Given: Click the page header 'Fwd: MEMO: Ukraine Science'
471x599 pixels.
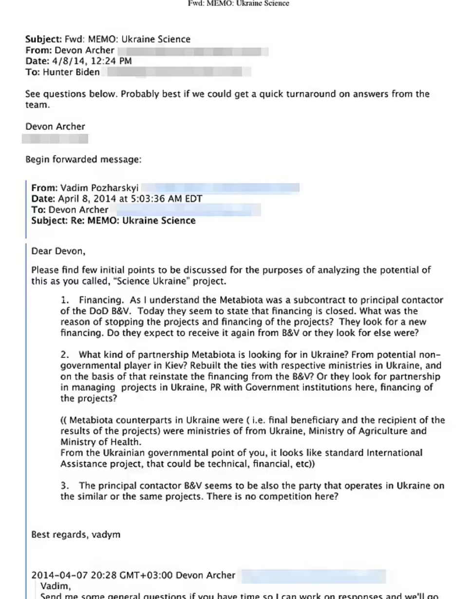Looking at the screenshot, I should [238, 3].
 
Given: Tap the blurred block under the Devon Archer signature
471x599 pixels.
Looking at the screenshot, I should [55, 139].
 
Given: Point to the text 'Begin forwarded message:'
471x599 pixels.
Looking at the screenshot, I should [83, 160].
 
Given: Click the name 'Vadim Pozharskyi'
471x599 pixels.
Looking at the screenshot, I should [99, 188].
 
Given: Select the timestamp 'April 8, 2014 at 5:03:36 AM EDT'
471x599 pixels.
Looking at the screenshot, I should [130, 199].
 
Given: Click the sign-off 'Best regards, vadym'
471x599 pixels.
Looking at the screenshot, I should [75, 535].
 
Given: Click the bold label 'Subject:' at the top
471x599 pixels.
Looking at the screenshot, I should [43, 39].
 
